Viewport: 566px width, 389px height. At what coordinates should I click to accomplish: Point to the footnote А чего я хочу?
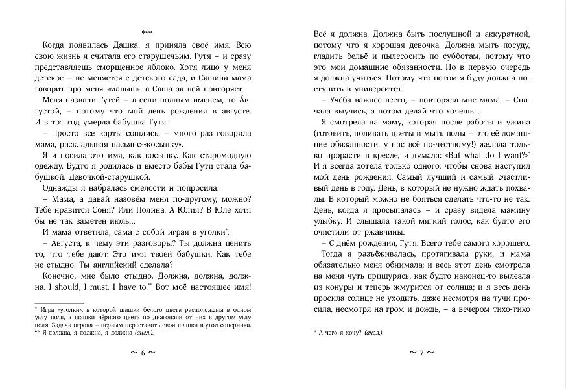[348, 331]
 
